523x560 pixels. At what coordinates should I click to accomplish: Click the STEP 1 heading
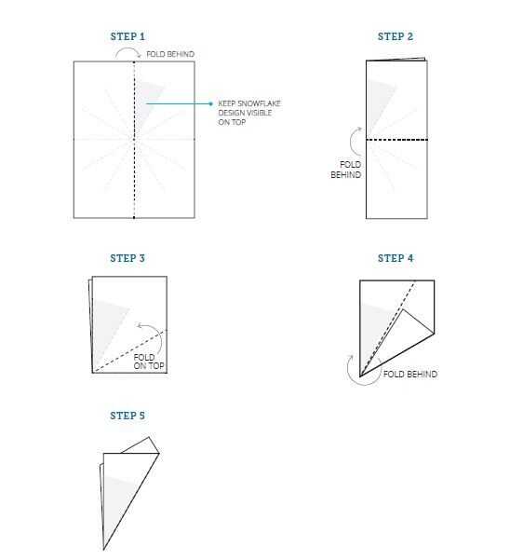tap(127, 36)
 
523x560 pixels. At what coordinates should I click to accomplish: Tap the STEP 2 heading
tap(396, 36)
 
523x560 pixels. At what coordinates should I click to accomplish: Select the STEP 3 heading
tap(127, 258)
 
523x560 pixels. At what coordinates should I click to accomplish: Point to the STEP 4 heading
tap(396, 258)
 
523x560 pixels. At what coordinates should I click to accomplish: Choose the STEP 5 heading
tap(127, 416)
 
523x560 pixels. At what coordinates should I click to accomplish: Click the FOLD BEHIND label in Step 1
tap(170, 54)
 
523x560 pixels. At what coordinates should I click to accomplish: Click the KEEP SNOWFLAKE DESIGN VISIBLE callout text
tap(249, 113)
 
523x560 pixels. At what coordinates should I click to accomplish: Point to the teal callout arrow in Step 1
tap(180, 103)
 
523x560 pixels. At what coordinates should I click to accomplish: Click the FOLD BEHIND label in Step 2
tap(346, 170)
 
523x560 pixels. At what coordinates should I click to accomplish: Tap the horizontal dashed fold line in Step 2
tap(396, 140)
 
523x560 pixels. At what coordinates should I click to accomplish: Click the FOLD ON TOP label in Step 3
tap(149, 362)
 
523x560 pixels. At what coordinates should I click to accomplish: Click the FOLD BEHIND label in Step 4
tap(410, 374)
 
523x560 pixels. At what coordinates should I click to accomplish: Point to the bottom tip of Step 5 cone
tap(103, 550)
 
